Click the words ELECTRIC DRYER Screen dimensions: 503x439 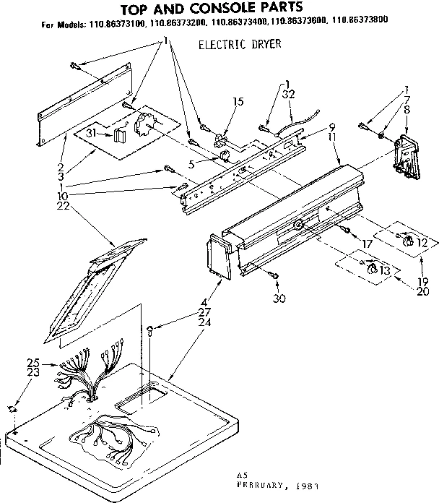coord(239,45)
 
